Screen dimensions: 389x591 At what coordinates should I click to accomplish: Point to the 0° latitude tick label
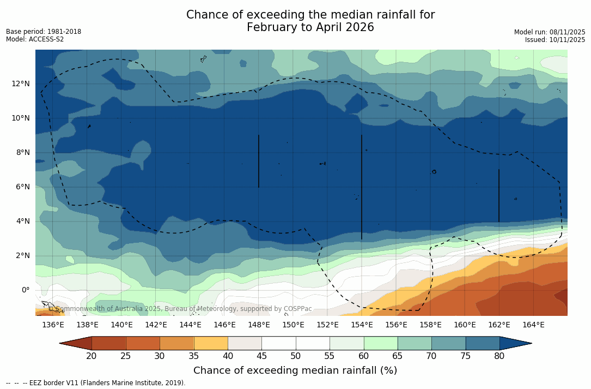tap(25, 290)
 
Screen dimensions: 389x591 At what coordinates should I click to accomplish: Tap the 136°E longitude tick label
tap(53, 325)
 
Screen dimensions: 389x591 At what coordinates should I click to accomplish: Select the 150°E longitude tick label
tap(293, 325)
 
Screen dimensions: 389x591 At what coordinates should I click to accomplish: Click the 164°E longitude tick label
tap(533, 325)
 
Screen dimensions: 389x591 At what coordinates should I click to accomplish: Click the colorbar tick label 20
tap(92, 356)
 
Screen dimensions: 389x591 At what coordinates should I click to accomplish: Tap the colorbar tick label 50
tap(296, 356)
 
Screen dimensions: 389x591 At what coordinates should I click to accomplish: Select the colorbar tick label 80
tap(499, 356)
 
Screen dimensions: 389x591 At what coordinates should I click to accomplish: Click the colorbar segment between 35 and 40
tap(211, 343)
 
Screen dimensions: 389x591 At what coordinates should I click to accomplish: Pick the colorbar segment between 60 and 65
tap(381, 343)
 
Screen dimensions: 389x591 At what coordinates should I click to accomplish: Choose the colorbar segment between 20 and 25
tap(109, 343)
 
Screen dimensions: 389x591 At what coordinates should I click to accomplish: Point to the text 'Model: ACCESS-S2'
tap(35, 39)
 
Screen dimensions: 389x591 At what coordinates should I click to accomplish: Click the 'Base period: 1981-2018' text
tap(44, 32)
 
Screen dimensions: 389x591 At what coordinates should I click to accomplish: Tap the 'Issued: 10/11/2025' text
tap(555, 40)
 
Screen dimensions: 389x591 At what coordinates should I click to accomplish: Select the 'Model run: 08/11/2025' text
tap(550, 32)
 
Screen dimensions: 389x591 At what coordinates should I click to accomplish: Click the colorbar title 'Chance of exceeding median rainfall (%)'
tap(295, 370)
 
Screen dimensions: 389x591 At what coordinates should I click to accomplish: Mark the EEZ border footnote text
tap(96, 383)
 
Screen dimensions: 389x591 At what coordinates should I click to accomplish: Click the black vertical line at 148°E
tap(259, 161)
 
